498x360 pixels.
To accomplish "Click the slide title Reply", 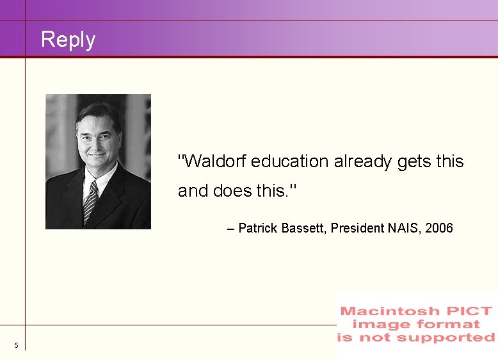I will pos(68,40).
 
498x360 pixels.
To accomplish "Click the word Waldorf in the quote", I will pos(216,161).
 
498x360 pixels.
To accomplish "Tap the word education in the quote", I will pos(290,161).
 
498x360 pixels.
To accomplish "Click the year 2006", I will pos(440,228).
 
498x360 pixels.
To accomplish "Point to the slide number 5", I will pos(16,346).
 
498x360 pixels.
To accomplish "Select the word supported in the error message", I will pos(455,338).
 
